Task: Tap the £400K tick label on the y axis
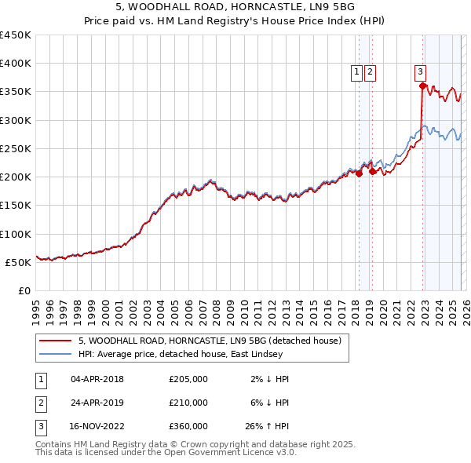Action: [15, 64]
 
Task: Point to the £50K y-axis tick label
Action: [18, 262]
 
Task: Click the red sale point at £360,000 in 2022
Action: [422, 86]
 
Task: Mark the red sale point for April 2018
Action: [359, 174]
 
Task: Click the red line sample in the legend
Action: [56, 341]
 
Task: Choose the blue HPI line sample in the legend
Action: [56, 355]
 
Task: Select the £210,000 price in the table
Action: [188, 403]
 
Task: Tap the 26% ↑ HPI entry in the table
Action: [268, 426]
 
